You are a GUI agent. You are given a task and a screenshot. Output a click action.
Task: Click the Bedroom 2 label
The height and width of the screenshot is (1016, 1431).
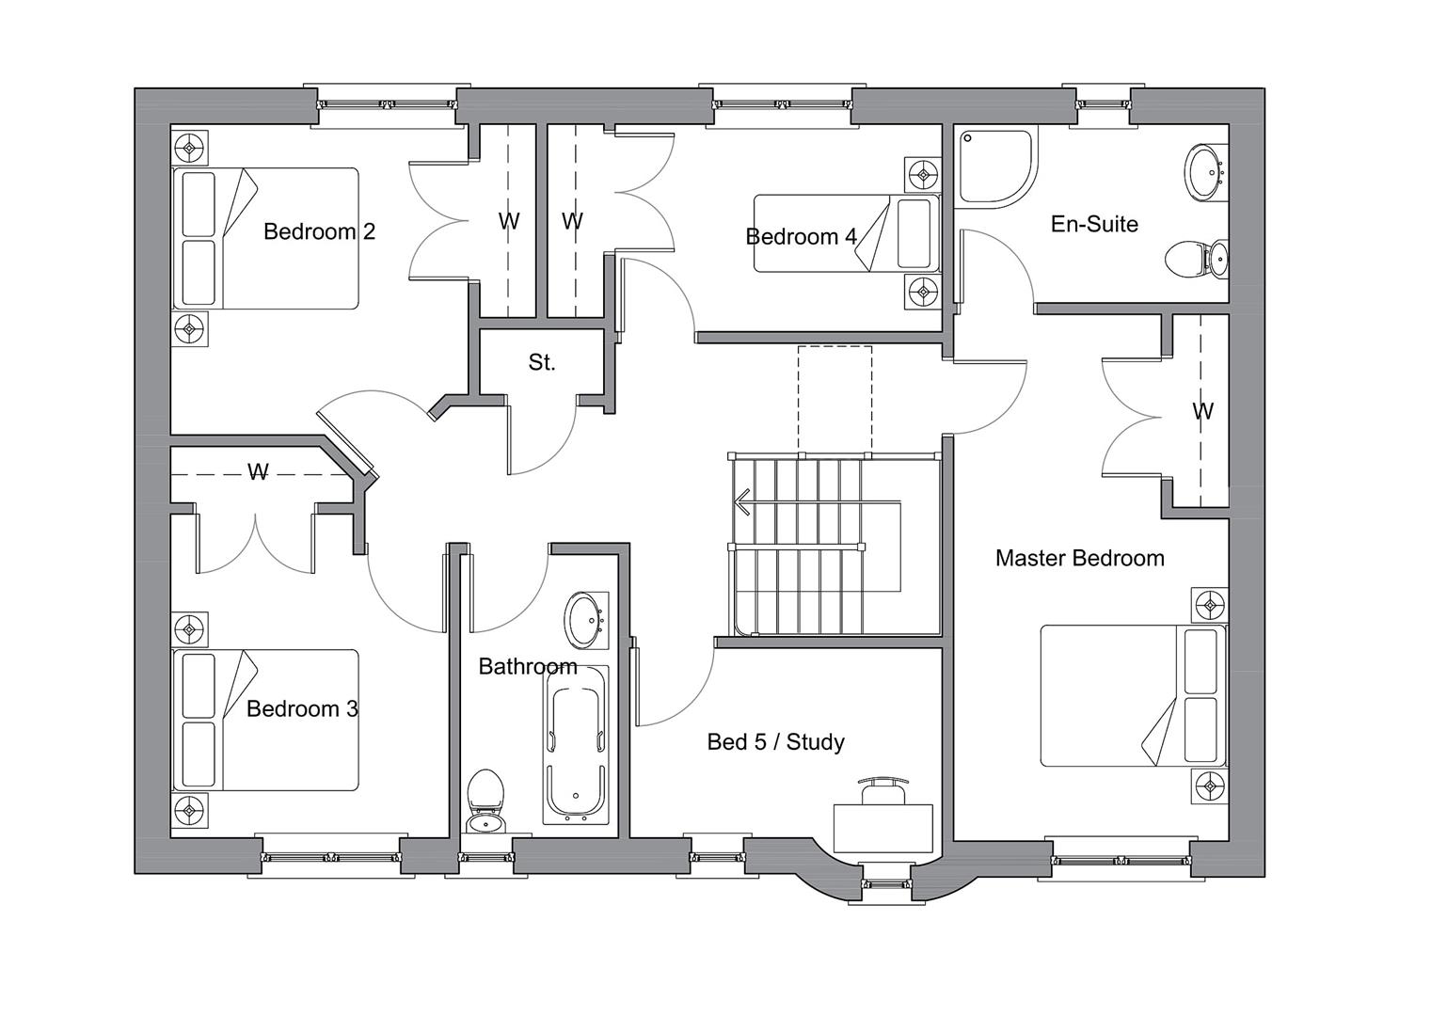(x=319, y=231)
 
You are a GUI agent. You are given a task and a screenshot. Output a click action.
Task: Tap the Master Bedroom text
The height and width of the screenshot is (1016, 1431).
(x=1080, y=558)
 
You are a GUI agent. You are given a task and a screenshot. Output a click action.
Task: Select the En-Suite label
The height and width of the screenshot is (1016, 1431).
(x=1094, y=224)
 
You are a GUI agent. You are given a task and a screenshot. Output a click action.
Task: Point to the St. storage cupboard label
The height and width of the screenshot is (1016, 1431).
(x=542, y=363)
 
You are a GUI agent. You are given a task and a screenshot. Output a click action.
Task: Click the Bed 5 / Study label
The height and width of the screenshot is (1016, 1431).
(x=775, y=741)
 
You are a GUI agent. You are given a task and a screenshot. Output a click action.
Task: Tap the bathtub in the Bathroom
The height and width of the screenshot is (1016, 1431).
(x=576, y=745)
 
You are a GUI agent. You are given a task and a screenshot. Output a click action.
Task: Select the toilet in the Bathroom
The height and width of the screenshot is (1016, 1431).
(x=485, y=802)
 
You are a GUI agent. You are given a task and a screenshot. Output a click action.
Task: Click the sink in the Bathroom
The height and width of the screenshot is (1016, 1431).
(x=585, y=619)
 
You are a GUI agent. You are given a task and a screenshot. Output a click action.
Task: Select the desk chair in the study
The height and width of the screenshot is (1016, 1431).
(x=882, y=790)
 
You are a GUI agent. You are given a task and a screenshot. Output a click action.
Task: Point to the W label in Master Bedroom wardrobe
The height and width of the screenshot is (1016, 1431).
(x=1203, y=411)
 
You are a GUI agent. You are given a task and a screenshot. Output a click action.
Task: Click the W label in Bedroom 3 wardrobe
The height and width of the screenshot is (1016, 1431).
(x=258, y=472)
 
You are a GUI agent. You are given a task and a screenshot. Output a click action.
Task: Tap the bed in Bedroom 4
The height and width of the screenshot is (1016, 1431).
(x=847, y=233)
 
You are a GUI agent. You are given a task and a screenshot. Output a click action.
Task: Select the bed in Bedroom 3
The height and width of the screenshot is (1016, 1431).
(x=265, y=721)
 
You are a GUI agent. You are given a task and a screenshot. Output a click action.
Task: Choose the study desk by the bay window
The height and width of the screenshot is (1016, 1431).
(x=882, y=828)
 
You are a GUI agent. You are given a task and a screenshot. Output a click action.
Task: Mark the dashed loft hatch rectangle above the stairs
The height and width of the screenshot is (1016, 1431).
(x=835, y=400)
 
